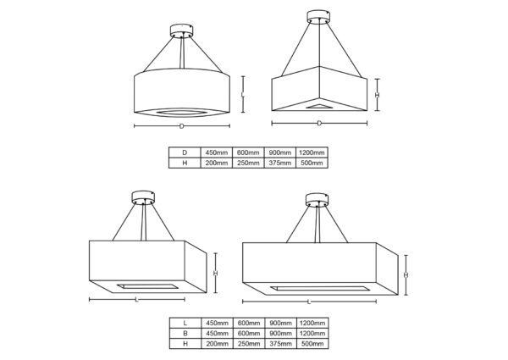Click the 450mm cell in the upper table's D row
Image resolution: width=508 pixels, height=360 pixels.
click(217, 152)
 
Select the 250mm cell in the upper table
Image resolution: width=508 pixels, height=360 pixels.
click(248, 163)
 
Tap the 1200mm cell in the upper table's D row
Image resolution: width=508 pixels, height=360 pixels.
click(312, 152)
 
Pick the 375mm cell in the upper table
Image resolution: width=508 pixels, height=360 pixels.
click(280, 163)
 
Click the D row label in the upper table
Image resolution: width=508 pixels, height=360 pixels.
click(185, 152)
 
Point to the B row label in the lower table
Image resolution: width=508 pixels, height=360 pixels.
click(185, 333)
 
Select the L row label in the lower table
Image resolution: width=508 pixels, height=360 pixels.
click(185, 323)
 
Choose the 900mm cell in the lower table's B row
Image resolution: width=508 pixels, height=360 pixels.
click(280, 333)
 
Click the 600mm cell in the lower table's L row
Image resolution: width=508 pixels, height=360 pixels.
click(249, 323)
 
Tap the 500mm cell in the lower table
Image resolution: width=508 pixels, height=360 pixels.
click(312, 343)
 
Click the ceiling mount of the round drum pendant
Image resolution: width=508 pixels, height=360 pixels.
click(181, 30)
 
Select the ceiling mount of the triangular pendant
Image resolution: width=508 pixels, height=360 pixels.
click(318, 17)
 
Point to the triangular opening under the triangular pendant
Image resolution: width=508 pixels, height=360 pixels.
click(319, 106)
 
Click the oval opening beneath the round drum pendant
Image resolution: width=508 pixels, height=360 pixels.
click(181, 113)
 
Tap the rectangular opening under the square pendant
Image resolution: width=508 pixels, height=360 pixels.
click(147, 287)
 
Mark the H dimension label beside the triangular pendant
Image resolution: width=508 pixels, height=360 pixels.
click(377, 95)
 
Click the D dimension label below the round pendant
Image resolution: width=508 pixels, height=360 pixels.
click(182, 126)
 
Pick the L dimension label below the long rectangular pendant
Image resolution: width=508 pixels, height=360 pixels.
click(309, 302)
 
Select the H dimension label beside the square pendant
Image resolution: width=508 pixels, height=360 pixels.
click(215, 273)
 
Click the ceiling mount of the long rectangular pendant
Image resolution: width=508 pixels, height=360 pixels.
click(317, 200)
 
